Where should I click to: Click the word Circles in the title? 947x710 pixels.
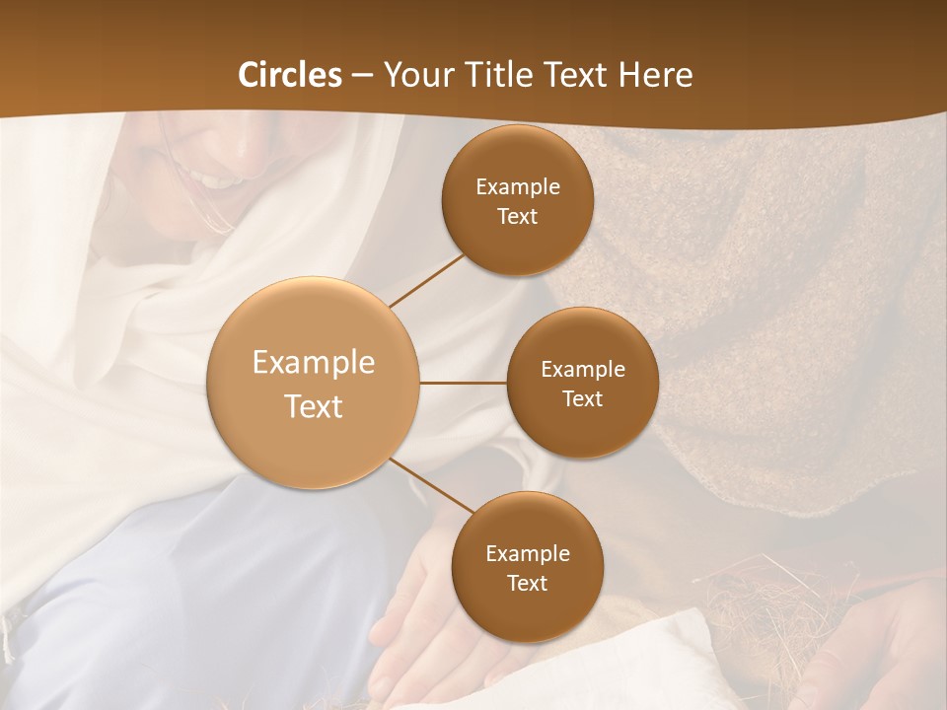coord(290,75)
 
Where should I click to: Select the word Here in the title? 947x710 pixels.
coord(656,75)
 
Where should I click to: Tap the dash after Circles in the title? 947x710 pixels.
coord(363,76)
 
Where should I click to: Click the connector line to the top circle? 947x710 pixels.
coord(426,279)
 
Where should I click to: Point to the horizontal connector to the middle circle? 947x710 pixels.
coord(464,383)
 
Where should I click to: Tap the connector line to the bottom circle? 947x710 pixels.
coord(431,484)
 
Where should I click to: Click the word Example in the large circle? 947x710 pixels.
coord(314,363)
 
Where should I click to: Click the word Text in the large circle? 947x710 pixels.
coord(314,406)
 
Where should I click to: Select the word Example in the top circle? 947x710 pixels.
coord(517,186)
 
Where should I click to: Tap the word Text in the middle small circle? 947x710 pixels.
coord(582,398)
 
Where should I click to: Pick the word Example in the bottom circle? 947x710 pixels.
coord(527,553)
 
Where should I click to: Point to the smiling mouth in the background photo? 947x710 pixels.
coord(219,179)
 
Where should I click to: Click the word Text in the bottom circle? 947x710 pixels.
coord(527,583)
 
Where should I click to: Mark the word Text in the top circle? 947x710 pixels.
coord(517,216)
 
